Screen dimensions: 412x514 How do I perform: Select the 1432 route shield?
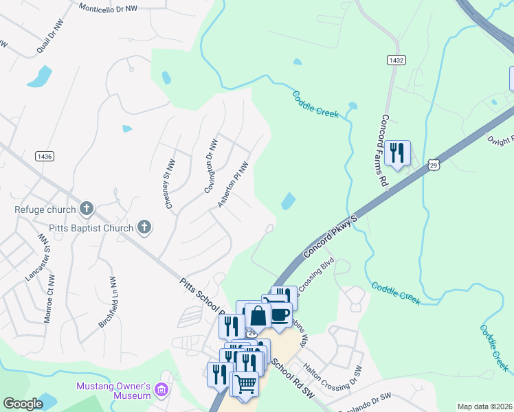[x=395, y=60]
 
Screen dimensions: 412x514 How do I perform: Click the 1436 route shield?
[x=45, y=157]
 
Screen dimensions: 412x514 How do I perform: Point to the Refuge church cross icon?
[x=87, y=207]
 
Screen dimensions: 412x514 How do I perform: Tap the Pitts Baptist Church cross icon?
[x=144, y=225]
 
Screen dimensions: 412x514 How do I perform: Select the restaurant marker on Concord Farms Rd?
[x=397, y=152]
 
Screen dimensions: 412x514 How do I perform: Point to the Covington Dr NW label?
[x=212, y=166]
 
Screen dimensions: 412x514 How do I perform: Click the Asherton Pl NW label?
[x=232, y=185]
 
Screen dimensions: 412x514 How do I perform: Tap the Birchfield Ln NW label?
[x=111, y=302]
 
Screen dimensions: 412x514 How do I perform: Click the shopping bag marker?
[x=258, y=316]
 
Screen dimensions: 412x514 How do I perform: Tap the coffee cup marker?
[x=280, y=314]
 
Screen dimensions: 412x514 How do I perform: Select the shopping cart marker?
[x=246, y=383]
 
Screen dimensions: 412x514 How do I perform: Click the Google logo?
[x=23, y=404]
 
